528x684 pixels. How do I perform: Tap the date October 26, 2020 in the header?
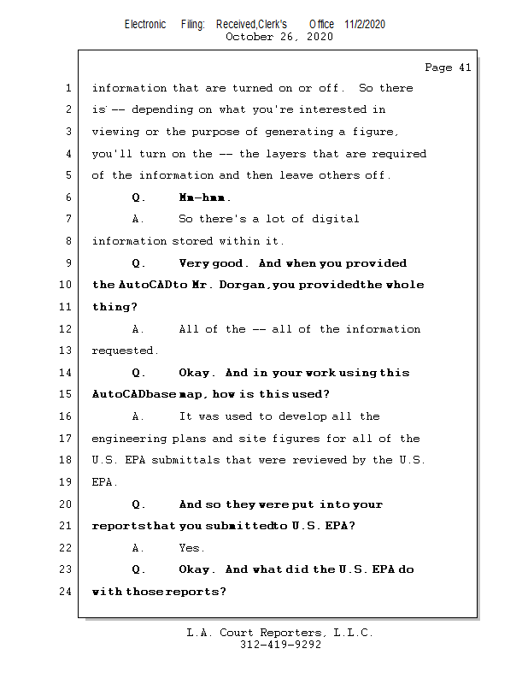pos(279,37)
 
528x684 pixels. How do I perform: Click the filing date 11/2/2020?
pos(365,24)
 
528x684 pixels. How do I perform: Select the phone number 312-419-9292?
pos(280,645)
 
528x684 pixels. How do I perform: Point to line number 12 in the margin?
pos(67,329)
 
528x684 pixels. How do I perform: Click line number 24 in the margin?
pos(67,592)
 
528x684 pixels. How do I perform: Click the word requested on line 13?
pos(124,351)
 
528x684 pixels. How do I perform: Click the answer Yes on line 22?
pos(191,548)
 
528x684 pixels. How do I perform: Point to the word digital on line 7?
pos(333,219)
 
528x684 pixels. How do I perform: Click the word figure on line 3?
pos(377,132)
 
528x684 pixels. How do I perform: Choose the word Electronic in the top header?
pos(145,24)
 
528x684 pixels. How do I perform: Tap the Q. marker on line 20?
pos(139,504)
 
